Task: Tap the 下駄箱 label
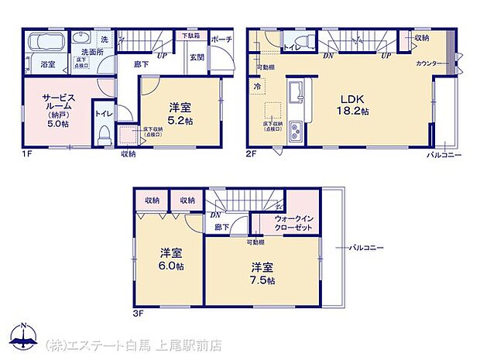[191, 36]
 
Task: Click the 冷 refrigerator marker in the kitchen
[256, 87]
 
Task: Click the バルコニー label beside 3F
[362, 247]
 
